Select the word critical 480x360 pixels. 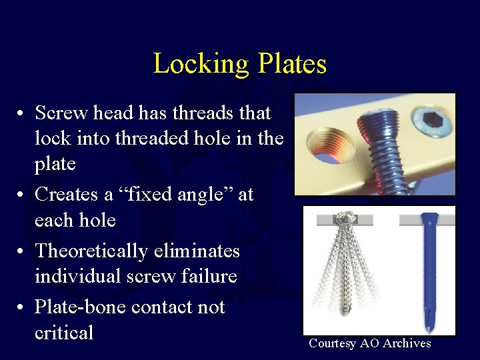point(64,333)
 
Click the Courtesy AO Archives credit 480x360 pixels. point(369,344)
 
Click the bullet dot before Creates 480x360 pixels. point(22,195)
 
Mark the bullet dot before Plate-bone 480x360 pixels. point(22,308)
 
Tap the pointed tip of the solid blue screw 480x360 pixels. point(427,319)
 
